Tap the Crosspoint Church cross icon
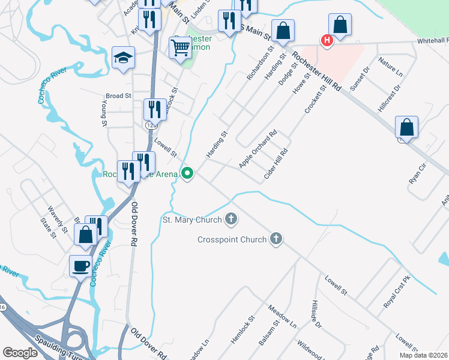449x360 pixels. (276, 239)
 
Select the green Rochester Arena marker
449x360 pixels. (188, 175)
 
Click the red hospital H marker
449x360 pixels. (327, 41)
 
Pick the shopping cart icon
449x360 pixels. (181, 47)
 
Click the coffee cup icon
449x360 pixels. (80, 265)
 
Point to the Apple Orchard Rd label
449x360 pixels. (258, 149)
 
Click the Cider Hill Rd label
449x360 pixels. (276, 164)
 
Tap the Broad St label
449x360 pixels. (118, 96)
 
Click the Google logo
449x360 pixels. (20, 353)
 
